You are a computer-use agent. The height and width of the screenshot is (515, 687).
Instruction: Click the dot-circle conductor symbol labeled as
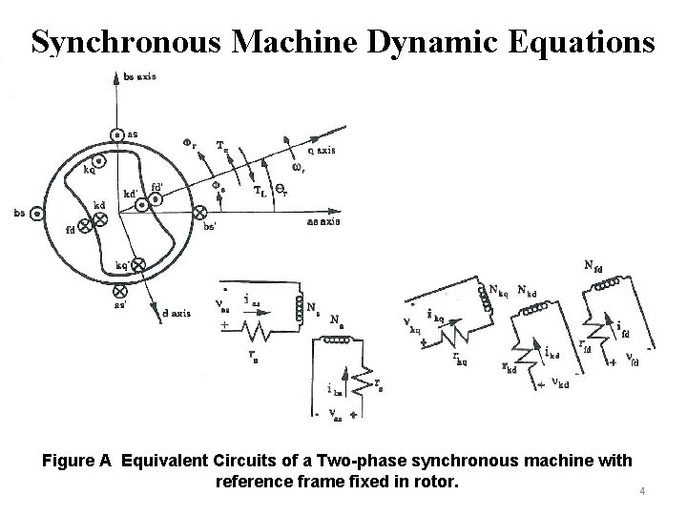tap(115, 135)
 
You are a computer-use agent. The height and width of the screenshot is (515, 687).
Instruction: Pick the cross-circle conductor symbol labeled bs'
tap(199, 213)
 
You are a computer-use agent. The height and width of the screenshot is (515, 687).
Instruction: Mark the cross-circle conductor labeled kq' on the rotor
tap(138, 263)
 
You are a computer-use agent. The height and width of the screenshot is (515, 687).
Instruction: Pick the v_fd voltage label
tap(632, 360)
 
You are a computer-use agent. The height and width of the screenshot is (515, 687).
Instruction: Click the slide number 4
tap(642, 492)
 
